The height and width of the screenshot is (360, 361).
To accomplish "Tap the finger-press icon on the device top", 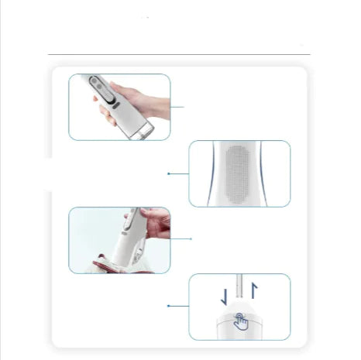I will pyautogui.click(x=242, y=318).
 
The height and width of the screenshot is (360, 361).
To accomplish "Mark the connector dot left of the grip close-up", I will pyautogui.click(x=169, y=173).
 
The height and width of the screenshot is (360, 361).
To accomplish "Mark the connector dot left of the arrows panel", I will pyautogui.click(x=169, y=306).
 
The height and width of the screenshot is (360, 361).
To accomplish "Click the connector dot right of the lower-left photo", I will pyautogui.click(x=191, y=239).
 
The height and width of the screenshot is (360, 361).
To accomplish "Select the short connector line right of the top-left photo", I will pyautogui.click(x=177, y=107).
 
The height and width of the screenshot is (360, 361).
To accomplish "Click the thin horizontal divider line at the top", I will pyautogui.click(x=178, y=55).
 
